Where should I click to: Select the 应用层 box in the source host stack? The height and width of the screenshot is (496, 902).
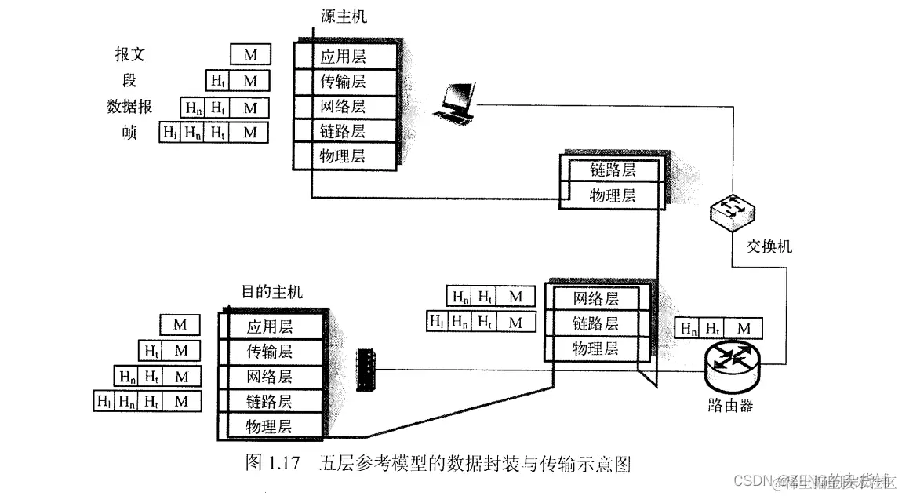point(343,57)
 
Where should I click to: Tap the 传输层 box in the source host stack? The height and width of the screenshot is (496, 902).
point(343,81)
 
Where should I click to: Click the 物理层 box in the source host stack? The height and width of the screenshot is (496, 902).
point(343,155)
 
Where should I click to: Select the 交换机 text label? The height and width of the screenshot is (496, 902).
point(767,246)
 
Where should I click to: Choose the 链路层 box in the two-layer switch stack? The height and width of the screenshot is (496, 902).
point(613,170)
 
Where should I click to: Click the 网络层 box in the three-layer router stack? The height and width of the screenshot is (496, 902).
point(596,298)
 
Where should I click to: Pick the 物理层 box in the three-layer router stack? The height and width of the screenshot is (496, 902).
point(596,348)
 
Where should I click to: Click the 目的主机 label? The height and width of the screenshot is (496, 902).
point(271,293)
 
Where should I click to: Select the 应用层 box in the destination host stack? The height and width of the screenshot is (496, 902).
point(269,327)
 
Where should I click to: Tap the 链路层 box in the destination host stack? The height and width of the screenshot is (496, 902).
point(269,402)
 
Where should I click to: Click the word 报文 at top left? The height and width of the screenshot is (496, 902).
point(129,55)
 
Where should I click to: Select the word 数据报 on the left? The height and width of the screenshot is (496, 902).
point(129,106)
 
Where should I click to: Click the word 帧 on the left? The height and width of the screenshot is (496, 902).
point(129,132)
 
